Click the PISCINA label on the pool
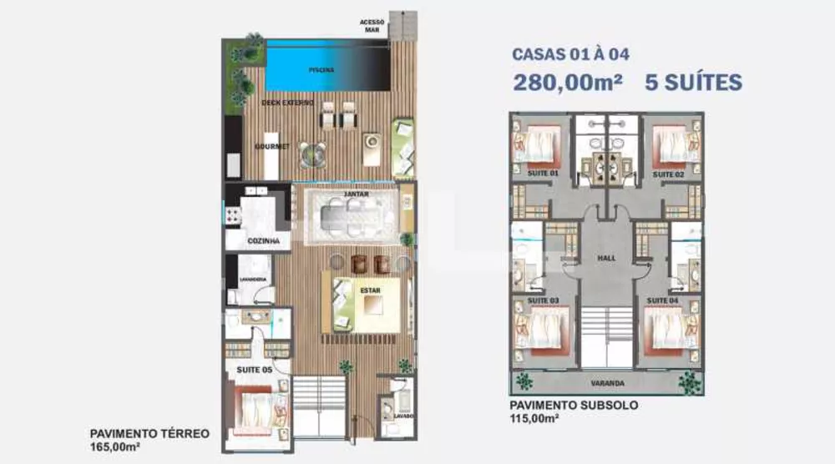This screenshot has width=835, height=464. click(321, 70)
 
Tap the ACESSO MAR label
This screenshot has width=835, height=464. click(372, 25)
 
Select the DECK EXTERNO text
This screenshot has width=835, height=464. click(287, 103)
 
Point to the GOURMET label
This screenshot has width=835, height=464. click(271, 146)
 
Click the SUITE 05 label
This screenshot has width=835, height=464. click(254, 369)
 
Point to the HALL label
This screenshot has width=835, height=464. click(607, 258)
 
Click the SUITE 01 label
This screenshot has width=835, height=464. click(544, 174)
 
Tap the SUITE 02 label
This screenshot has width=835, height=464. click(669, 174)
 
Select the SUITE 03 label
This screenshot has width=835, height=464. click(544, 300)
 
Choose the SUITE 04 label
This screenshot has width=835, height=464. click(663, 300)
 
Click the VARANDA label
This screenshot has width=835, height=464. click(607, 384)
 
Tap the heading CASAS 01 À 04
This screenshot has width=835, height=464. click(570, 55)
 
